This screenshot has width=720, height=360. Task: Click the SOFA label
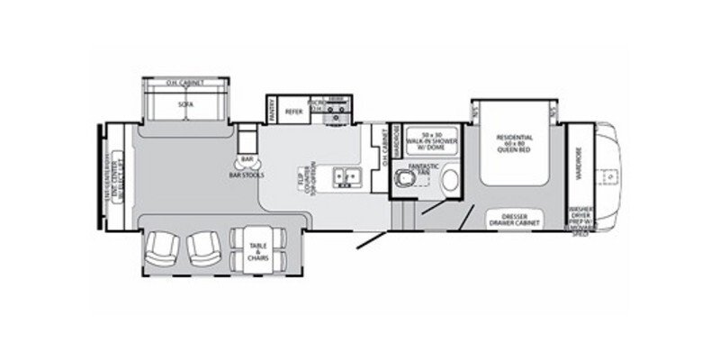pos(186,104)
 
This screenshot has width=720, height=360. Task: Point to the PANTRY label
pos(272,110)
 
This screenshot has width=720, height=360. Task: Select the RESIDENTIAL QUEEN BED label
pos(515,143)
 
